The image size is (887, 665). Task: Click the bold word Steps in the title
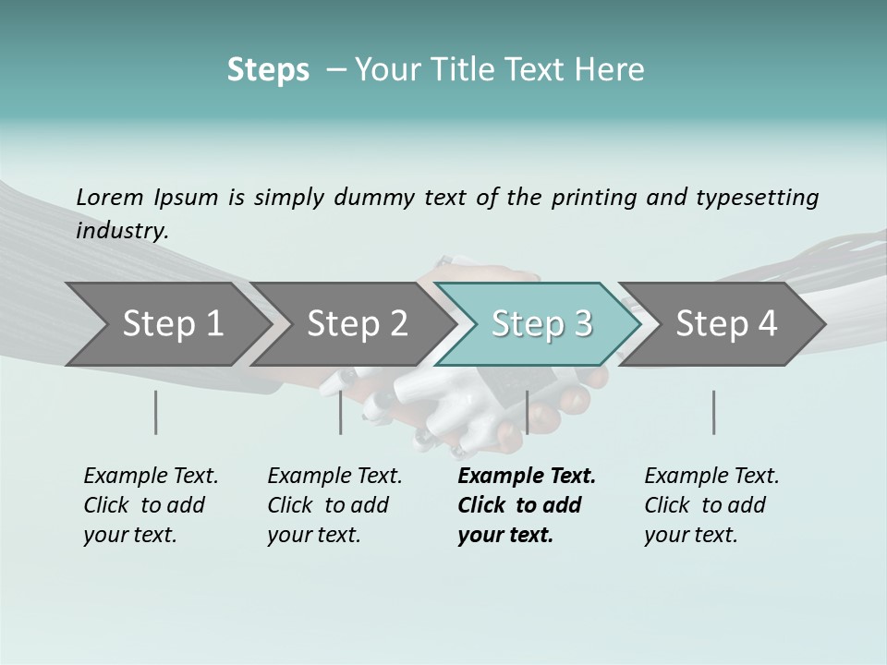pos(268,70)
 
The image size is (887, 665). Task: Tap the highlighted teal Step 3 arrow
pos(541,324)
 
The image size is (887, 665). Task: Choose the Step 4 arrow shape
pos(726,324)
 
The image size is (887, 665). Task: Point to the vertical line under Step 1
pos(156,412)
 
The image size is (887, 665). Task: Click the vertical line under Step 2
pos(341,412)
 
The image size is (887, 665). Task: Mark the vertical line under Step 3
pos(527,412)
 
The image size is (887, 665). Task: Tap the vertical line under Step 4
pos(713,412)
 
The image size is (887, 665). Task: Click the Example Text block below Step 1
pos(150,505)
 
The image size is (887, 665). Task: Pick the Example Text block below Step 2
pos(334,505)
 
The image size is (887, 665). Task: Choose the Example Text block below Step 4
pos(711,505)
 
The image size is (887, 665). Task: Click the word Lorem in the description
pos(110,198)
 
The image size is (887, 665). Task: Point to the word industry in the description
pos(121,230)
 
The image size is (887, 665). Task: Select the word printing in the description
pos(594,198)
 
